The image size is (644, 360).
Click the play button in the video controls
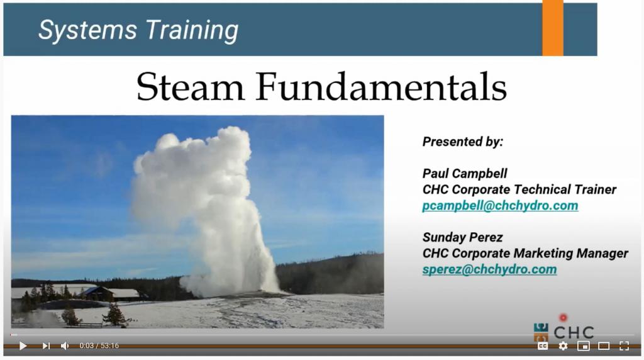tap(23, 346)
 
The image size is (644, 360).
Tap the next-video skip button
tap(46, 346)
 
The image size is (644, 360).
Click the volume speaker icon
tap(65, 346)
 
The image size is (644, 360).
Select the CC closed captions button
tap(543, 346)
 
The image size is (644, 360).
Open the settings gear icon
tap(563, 346)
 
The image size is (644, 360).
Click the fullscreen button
tap(624, 346)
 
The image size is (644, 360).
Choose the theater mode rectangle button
tap(604, 346)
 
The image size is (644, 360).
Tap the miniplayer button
tap(583, 346)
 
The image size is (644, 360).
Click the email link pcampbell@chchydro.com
tap(500, 205)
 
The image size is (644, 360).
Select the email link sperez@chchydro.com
tap(489, 269)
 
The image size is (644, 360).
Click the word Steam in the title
tap(191, 87)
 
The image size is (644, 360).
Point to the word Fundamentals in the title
tap(381, 87)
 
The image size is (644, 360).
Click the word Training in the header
tap(192, 30)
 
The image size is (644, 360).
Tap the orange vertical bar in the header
tap(553, 28)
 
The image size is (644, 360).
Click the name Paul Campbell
tap(465, 174)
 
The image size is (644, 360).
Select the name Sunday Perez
tap(462, 237)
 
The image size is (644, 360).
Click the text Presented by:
tap(463, 142)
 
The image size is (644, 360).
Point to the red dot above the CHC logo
tap(563, 317)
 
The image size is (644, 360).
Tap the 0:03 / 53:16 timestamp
tap(99, 346)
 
